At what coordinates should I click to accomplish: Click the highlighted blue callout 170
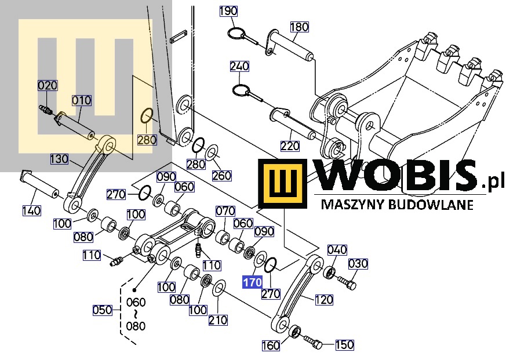(x=252, y=282)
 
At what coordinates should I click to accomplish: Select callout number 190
(x=228, y=11)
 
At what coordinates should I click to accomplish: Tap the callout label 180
(x=299, y=27)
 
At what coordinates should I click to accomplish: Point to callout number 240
(x=239, y=67)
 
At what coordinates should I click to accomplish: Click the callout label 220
(x=290, y=146)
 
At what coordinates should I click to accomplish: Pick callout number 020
(x=48, y=86)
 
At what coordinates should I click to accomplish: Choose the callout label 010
(x=82, y=100)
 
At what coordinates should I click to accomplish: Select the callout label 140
(x=32, y=211)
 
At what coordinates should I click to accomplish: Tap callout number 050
(x=103, y=310)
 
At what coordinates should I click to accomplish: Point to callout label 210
(x=219, y=320)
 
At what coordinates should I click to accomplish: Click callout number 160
(x=271, y=346)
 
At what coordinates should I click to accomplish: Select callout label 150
(x=344, y=345)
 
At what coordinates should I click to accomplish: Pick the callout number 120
(x=324, y=300)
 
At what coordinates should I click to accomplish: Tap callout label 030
(x=358, y=264)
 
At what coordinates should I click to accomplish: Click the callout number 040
(x=337, y=250)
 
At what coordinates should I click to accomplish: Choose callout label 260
(x=222, y=175)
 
